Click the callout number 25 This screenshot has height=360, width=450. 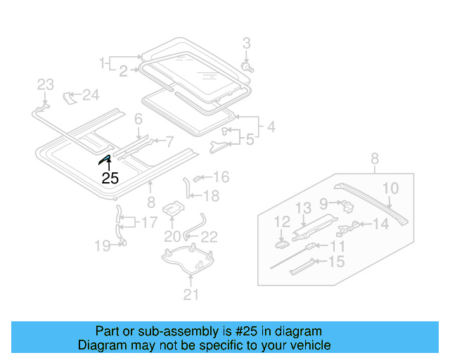coord(110,178)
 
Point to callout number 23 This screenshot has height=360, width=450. coord(45,85)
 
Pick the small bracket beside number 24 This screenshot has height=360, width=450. coord(70,96)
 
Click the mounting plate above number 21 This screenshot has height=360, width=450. coord(188,262)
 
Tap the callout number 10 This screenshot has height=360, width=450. coord(390,188)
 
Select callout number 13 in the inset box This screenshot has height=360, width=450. coord(302,207)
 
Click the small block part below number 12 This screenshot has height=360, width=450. coord(281,244)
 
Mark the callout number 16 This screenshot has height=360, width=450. coord(221,177)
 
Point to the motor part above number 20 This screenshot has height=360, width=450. coord(173,209)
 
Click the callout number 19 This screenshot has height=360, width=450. coord(103,245)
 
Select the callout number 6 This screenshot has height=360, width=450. coord(139,120)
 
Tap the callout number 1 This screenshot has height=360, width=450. coord(103,62)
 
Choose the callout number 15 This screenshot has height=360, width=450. coord(337,262)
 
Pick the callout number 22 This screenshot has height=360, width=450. coord(210,237)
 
